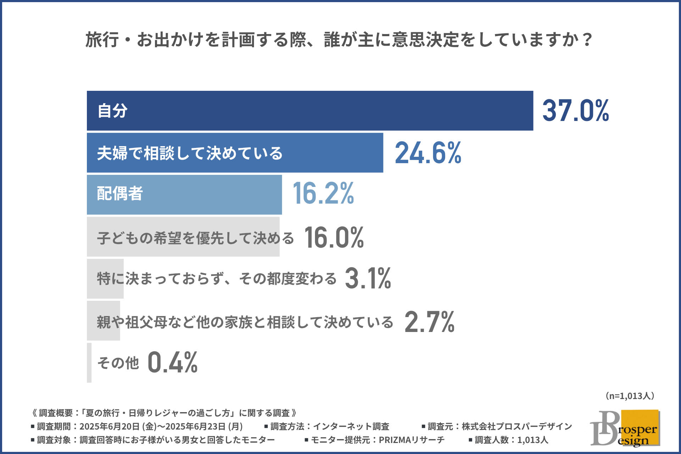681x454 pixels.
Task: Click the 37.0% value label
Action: tap(575, 111)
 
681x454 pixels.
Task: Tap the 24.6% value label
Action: tap(428, 153)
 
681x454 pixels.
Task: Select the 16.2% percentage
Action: tap(323, 194)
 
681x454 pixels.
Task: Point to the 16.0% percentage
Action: tap(334, 237)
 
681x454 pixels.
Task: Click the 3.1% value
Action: tap(368, 278)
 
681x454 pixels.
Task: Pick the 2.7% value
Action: tap(429, 322)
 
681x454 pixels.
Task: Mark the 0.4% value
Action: tap(172, 362)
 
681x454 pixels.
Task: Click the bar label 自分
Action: tap(112, 111)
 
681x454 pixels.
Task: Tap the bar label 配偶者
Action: tap(120, 194)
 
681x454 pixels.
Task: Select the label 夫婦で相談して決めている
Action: tap(190, 153)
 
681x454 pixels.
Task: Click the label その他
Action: tap(118, 363)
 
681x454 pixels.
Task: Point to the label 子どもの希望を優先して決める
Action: tap(195, 238)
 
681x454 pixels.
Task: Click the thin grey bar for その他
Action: tap(89, 362)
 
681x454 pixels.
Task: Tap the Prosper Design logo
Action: tap(625, 428)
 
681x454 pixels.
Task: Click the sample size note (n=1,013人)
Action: tap(630, 396)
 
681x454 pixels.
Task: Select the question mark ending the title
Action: tap(587, 40)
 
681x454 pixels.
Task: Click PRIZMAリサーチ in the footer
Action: tap(411, 440)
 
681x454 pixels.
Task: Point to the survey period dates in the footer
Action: tap(161, 426)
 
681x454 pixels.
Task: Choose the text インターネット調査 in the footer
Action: tap(351, 426)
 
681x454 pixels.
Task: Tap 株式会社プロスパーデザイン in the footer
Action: tap(517, 426)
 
